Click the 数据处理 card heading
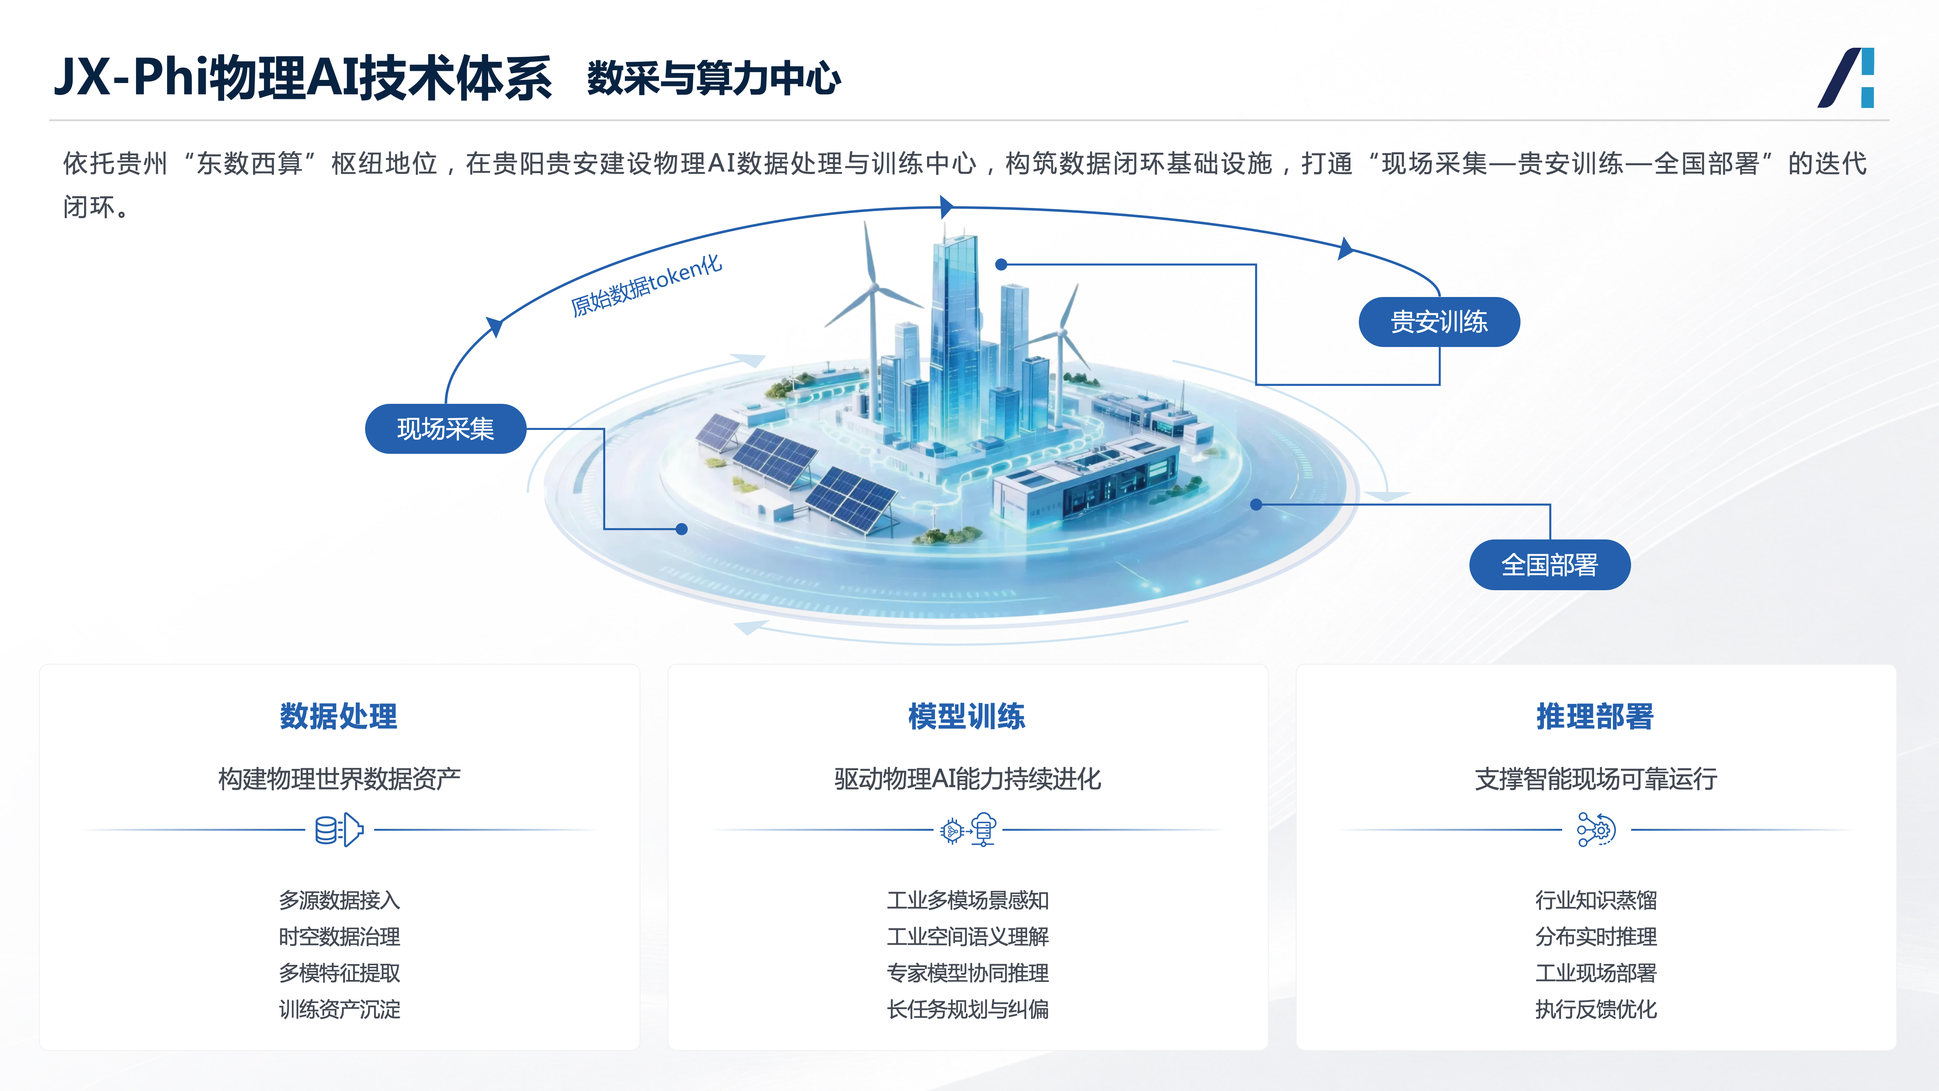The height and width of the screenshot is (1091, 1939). point(339,716)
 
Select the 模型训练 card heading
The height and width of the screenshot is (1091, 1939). point(967,716)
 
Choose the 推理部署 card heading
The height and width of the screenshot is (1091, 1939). point(1595,716)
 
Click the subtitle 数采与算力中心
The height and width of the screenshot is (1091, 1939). point(713,78)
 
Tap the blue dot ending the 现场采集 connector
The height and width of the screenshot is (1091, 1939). point(682,528)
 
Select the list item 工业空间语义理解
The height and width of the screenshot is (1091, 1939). point(968,937)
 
